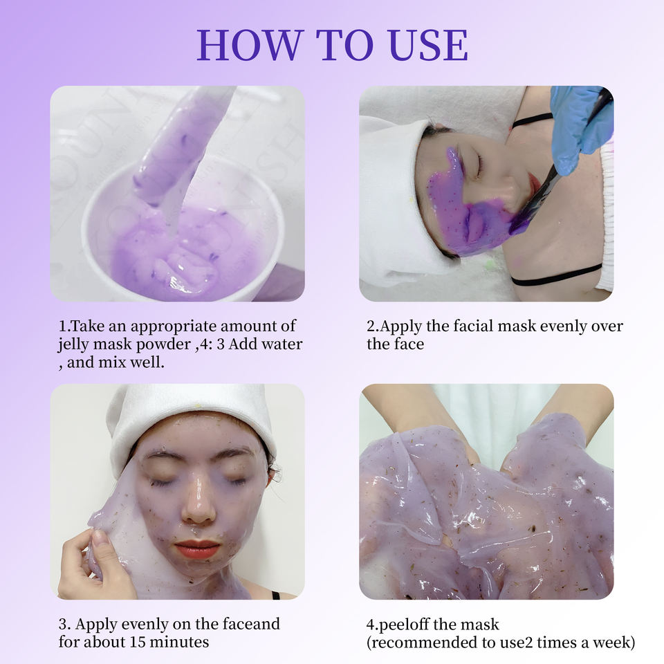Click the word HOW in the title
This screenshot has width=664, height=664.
(x=250, y=45)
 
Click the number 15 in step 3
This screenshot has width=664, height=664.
(x=138, y=642)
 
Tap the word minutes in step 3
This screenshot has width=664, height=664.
(x=180, y=642)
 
